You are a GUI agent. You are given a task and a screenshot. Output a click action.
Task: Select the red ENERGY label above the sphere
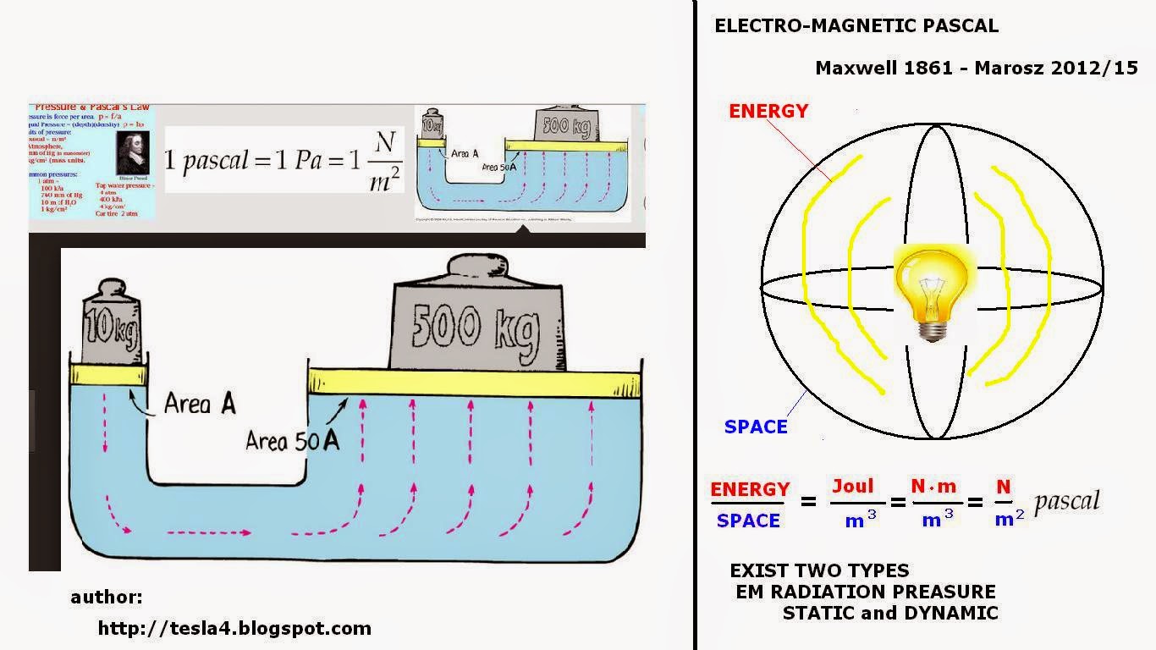coord(768,111)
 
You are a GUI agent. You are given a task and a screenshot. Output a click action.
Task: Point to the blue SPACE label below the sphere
coord(756,427)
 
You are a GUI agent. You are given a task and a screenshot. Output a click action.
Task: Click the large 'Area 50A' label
coord(292,440)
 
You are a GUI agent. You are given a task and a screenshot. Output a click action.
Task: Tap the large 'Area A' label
coord(200,404)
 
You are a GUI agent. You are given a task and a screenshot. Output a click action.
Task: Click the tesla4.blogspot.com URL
coord(234,628)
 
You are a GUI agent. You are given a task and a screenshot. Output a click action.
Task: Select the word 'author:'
coord(107,598)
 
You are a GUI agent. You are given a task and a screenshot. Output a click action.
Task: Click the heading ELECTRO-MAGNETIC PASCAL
coord(856,25)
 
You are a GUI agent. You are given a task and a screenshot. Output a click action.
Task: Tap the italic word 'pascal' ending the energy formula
coord(1066,501)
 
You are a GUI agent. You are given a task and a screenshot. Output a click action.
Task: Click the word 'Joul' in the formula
coord(852,486)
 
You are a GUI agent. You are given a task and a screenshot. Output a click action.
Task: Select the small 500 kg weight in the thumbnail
coord(567,125)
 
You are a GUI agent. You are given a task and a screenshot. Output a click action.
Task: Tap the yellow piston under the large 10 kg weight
coord(108,373)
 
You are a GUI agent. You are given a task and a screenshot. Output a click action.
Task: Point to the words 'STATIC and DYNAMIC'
coord(890,613)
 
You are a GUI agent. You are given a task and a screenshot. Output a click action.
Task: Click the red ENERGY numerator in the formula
coord(750,489)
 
